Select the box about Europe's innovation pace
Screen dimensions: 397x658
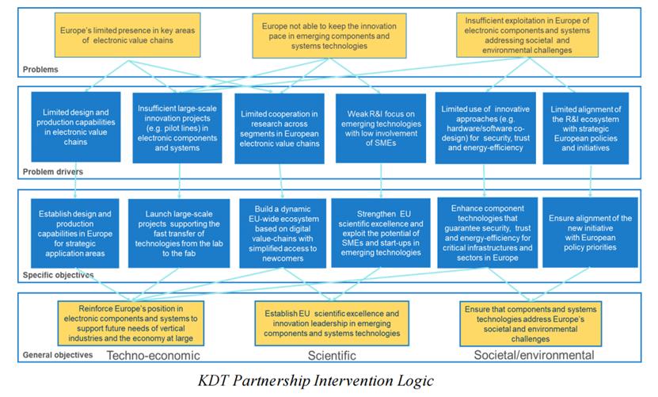(326, 36)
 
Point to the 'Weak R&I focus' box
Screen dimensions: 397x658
(381, 128)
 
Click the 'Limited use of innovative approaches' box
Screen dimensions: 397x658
(483, 128)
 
